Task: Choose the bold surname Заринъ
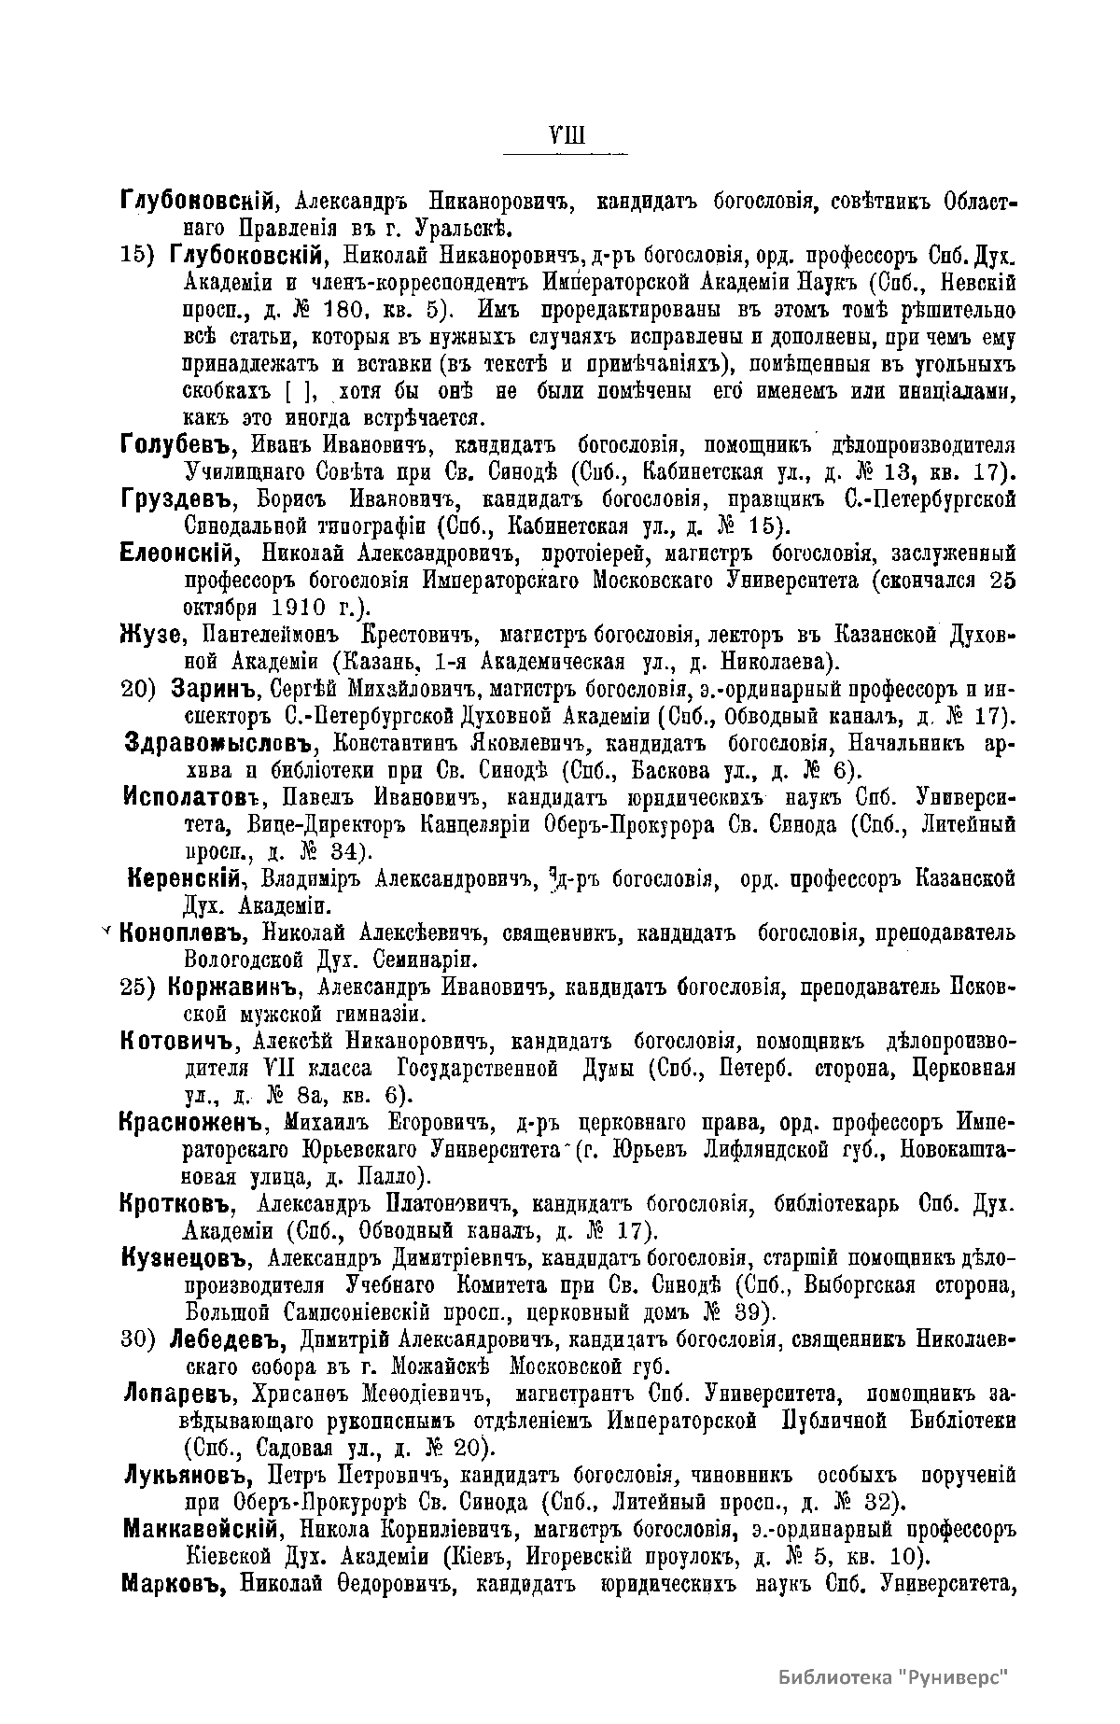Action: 209,691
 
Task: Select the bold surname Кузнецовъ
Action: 183,1257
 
